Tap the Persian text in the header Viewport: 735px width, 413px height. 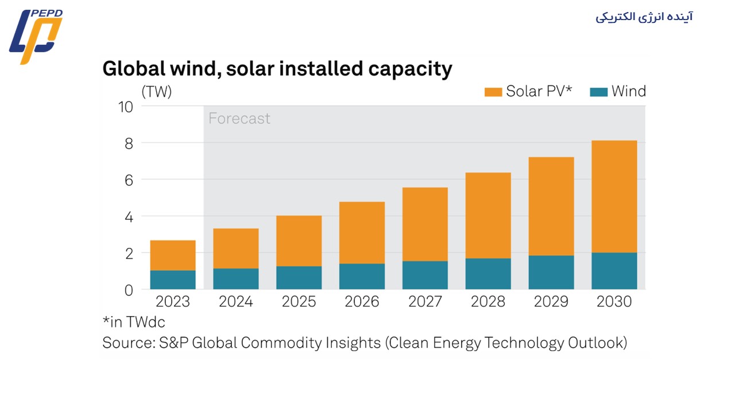[644, 17]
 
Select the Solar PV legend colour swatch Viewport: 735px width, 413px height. [493, 92]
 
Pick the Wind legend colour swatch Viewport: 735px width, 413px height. [599, 92]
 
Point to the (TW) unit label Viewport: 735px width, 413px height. [156, 92]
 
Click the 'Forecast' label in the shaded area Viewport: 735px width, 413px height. [239, 119]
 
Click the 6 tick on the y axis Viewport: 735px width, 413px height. [128, 180]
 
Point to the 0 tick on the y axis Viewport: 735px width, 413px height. [128, 290]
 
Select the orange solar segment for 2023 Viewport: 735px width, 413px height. [173, 255]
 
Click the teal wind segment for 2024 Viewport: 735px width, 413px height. [236, 279]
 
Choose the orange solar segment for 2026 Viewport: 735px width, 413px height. [362, 232]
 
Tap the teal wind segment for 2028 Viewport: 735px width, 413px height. [488, 274]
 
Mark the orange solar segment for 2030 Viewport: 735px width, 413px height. [614, 196]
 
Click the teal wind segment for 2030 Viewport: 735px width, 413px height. [614, 271]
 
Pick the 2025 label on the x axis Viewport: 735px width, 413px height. [299, 302]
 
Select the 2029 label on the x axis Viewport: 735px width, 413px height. [551, 302]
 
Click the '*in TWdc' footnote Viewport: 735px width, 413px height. [134, 322]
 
